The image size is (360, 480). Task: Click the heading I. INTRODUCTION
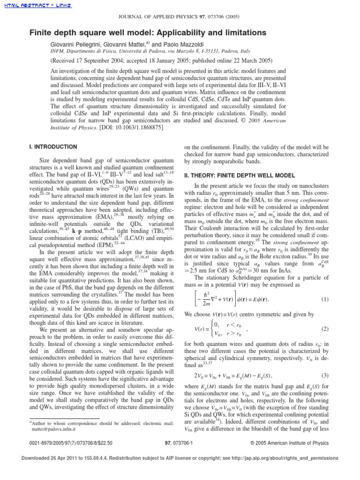click(x=53, y=147)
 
